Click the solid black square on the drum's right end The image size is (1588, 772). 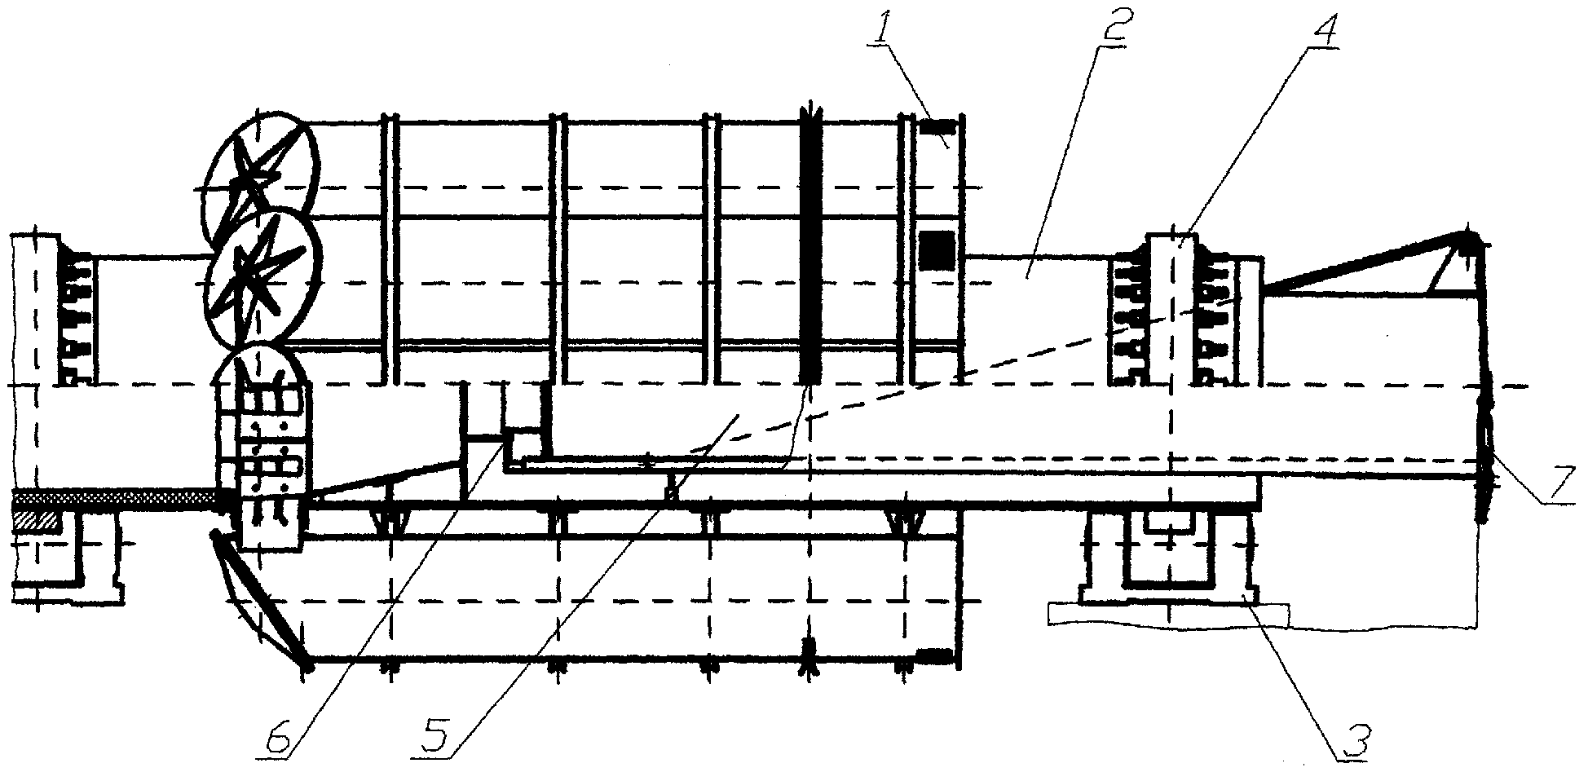pyautogui.click(x=937, y=249)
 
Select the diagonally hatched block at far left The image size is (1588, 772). pyautogui.click(x=35, y=523)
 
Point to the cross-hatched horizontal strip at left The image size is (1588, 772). pyautogui.click(x=114, y=497)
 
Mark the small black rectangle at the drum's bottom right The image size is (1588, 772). pyautogui.click(x=936, y=655)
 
